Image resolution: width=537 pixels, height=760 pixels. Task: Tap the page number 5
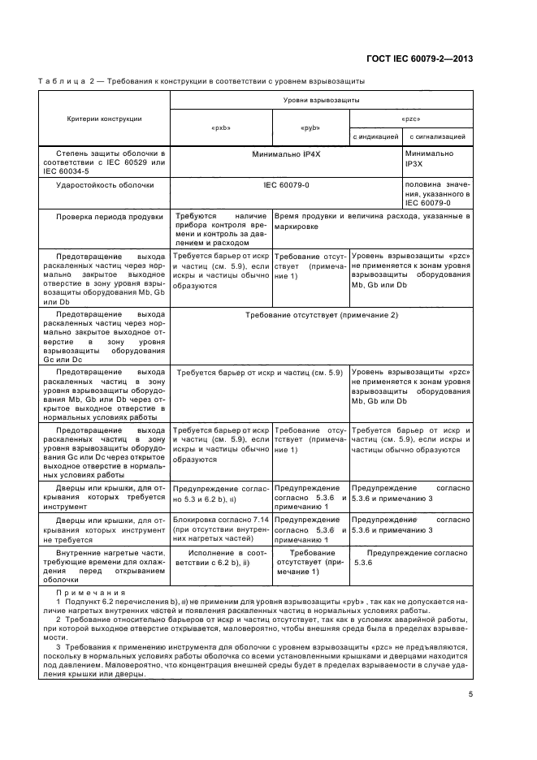(471, 693)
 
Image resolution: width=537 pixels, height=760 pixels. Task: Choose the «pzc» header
(410, 119)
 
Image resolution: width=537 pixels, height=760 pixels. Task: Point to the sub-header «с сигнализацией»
(437, 137)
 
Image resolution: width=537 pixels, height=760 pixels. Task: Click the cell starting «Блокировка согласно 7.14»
(220, 529)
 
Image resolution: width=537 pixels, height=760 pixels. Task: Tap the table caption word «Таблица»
(62, 81)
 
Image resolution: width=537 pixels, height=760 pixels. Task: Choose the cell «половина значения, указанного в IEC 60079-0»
(438, 195)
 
